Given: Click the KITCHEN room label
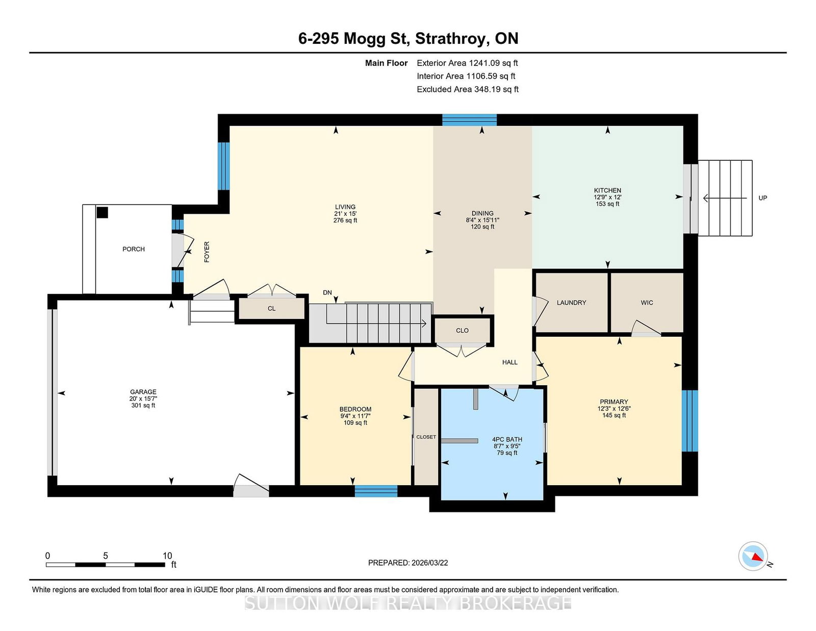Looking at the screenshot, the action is click(607, 190).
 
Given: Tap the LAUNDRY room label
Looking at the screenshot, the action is click(571, 302).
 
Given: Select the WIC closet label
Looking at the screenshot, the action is click(647, 302).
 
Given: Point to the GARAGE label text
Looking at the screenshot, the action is click(143, 392).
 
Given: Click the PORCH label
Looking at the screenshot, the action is click(133, 249).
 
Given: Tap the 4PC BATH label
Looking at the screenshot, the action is click(507, 439).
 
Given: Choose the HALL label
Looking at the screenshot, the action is click(509, 362).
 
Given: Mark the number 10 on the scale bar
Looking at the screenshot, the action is click(167, 556).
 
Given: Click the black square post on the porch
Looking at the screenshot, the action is click(102, 213).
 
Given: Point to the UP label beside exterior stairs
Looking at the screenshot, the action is click(762, 198).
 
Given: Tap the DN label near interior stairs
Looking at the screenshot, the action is click(327, 293).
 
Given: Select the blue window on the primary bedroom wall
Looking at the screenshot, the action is click(690, 421).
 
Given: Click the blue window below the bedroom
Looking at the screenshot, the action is click(376, 491).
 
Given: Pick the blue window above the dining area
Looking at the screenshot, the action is click(469, 120).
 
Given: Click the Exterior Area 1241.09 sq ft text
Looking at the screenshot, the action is click(467, 63).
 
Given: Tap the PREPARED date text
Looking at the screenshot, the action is click(408, 563).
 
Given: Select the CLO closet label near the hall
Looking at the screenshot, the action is click(462, 331).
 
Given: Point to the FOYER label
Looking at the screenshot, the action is click(207, 251).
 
